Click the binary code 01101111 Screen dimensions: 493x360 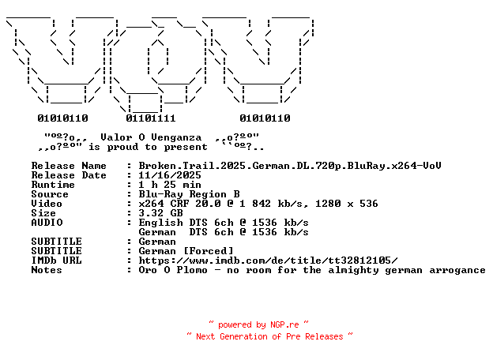151,118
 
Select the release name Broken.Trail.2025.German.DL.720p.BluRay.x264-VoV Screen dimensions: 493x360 290,166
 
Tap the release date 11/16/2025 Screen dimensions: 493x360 170,175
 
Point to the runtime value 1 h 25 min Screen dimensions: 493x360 170,185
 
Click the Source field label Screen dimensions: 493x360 50,194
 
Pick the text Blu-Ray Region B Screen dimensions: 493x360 189,194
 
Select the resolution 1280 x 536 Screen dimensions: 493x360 347,204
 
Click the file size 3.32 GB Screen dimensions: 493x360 160,213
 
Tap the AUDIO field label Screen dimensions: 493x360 47,223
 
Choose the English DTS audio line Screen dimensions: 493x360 224,223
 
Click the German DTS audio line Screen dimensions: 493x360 224,232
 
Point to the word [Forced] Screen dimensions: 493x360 209,251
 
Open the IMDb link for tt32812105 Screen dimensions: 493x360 268,261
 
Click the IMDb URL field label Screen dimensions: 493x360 56,261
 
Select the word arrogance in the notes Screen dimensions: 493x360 457,271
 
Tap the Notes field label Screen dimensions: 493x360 47,270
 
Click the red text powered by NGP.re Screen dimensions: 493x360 258,324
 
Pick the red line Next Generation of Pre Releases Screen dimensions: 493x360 269,336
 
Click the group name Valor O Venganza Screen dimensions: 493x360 151,137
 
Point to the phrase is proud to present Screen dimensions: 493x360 148,147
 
